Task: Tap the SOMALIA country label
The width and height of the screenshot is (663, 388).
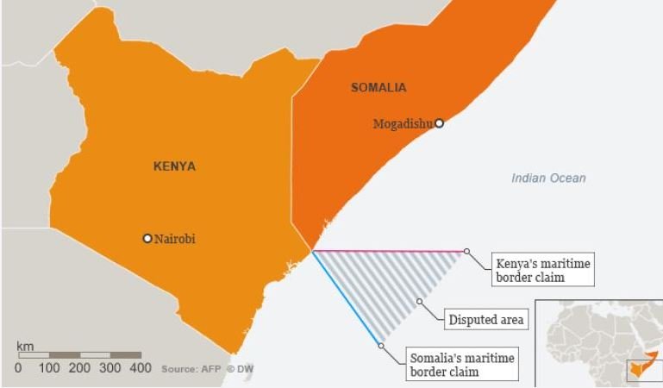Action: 378,87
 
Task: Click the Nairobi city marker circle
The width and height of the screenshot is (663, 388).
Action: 147,239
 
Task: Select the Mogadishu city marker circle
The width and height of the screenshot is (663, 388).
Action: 439,123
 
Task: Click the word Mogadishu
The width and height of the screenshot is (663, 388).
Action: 403,124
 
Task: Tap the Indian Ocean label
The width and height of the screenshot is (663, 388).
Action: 548,178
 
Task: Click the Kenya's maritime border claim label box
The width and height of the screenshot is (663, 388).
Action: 542,270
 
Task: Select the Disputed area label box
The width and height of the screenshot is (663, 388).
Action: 485,320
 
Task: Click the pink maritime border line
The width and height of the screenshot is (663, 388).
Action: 388,251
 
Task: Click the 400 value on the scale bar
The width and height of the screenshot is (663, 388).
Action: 141,368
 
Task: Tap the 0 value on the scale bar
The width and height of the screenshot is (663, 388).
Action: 18,368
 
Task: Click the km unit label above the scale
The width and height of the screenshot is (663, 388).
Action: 25,347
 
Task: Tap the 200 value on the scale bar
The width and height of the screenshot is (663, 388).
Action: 79,368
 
